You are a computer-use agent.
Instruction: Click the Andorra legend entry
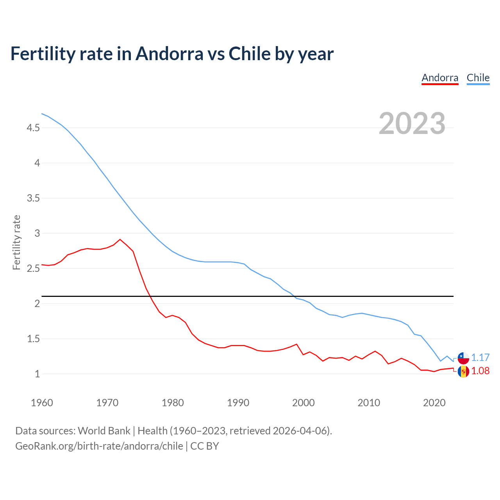point(440,78)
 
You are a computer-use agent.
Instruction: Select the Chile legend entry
point(478,78)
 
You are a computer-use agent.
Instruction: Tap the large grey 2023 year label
point(412,123)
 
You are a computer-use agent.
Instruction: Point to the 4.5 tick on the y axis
point(33,128)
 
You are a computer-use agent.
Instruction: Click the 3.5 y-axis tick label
point(33,198)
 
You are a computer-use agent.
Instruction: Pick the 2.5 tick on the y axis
point(33,268)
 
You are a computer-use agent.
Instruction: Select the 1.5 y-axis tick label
point(33,339)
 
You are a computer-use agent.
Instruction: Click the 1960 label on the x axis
point(42,403)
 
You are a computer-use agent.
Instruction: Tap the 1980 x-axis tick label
point(173,403)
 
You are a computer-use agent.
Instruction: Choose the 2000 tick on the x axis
point(304,403)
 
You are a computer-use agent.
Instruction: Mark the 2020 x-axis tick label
point(434,403)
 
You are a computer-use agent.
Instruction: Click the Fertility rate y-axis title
point(16,242)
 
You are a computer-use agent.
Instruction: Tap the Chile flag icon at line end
point(463,358)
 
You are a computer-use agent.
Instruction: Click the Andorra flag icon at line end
point(463,371)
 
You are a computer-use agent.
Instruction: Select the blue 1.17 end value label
point(480,358)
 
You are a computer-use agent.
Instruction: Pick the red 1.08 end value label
point(480,371)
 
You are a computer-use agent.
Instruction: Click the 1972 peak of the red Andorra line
point(120,239)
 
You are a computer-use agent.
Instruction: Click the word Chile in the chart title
point(250,54)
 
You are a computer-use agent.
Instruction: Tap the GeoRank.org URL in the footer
point(99,446)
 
